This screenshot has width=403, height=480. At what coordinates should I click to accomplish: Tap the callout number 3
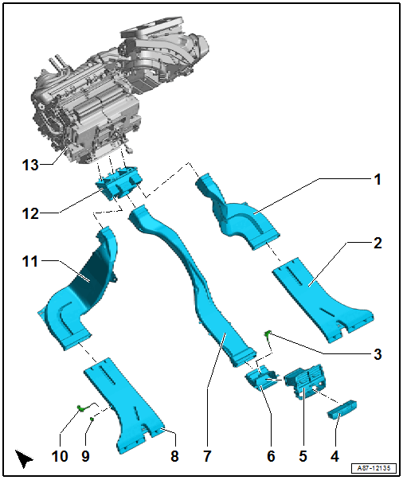click(378, 353)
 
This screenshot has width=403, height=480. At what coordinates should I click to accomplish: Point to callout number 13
click(30, 166)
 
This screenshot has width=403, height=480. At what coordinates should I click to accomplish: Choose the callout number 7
click(206, 456)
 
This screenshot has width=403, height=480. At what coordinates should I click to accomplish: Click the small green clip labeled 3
click(271, 333)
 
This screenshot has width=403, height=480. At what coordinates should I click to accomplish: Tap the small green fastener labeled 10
click(81, 409)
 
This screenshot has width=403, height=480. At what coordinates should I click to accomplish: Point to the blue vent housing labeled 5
click(307, 380)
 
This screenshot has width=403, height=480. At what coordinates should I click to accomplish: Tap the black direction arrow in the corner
click(25, 459)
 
